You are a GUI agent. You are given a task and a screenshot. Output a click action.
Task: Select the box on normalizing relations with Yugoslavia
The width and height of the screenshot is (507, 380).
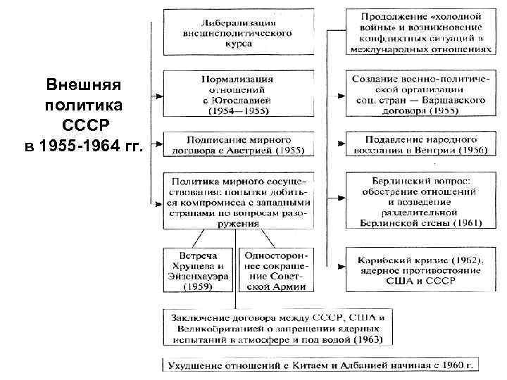238,93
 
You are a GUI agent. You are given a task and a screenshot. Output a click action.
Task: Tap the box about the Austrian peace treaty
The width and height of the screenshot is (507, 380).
238,145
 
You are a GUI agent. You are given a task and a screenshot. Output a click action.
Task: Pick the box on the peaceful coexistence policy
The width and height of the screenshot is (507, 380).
238,200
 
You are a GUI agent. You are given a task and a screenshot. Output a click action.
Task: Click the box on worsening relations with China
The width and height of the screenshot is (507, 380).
320,366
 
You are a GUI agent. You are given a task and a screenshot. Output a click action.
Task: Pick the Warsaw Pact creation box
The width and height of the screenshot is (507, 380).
420,93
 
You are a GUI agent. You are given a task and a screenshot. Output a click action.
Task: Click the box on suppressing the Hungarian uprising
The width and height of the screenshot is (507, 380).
420,145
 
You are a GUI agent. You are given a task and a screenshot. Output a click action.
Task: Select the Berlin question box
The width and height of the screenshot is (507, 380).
420,200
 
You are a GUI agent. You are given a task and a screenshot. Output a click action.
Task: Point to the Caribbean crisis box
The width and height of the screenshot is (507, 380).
420,267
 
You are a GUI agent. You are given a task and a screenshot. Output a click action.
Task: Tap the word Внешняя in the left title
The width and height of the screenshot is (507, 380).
83,86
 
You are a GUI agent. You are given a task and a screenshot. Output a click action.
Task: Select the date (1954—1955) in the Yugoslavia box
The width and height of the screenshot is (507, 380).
238,110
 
